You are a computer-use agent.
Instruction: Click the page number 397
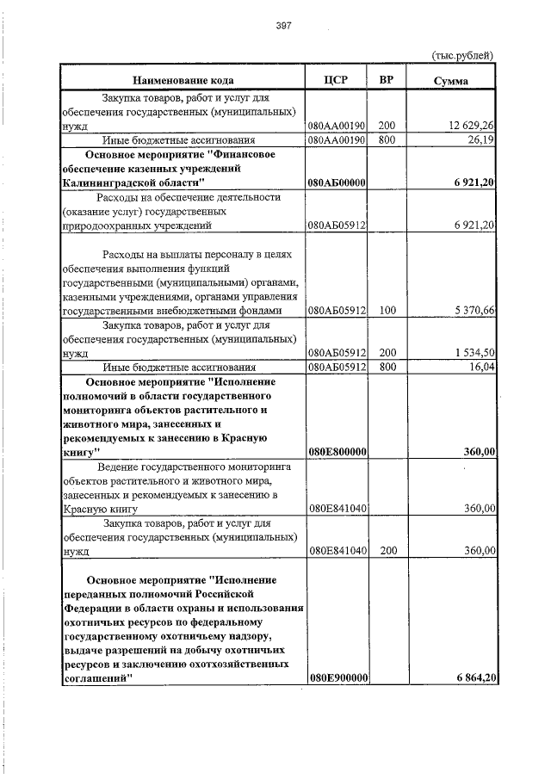(284, 26)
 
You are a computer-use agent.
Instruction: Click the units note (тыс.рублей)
(461, 56)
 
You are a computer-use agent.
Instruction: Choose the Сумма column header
(451, 80)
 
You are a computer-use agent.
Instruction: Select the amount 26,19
(480, 139)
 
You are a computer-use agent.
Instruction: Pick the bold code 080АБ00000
(338, 183)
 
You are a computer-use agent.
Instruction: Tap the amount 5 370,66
(472, 311)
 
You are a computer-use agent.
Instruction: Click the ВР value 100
(387, 311)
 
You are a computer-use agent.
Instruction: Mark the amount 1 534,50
(472, 354)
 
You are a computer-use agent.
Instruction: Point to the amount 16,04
(480, 368)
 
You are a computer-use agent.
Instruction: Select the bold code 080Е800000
(338, 452)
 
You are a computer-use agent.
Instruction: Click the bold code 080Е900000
(338, 679)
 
